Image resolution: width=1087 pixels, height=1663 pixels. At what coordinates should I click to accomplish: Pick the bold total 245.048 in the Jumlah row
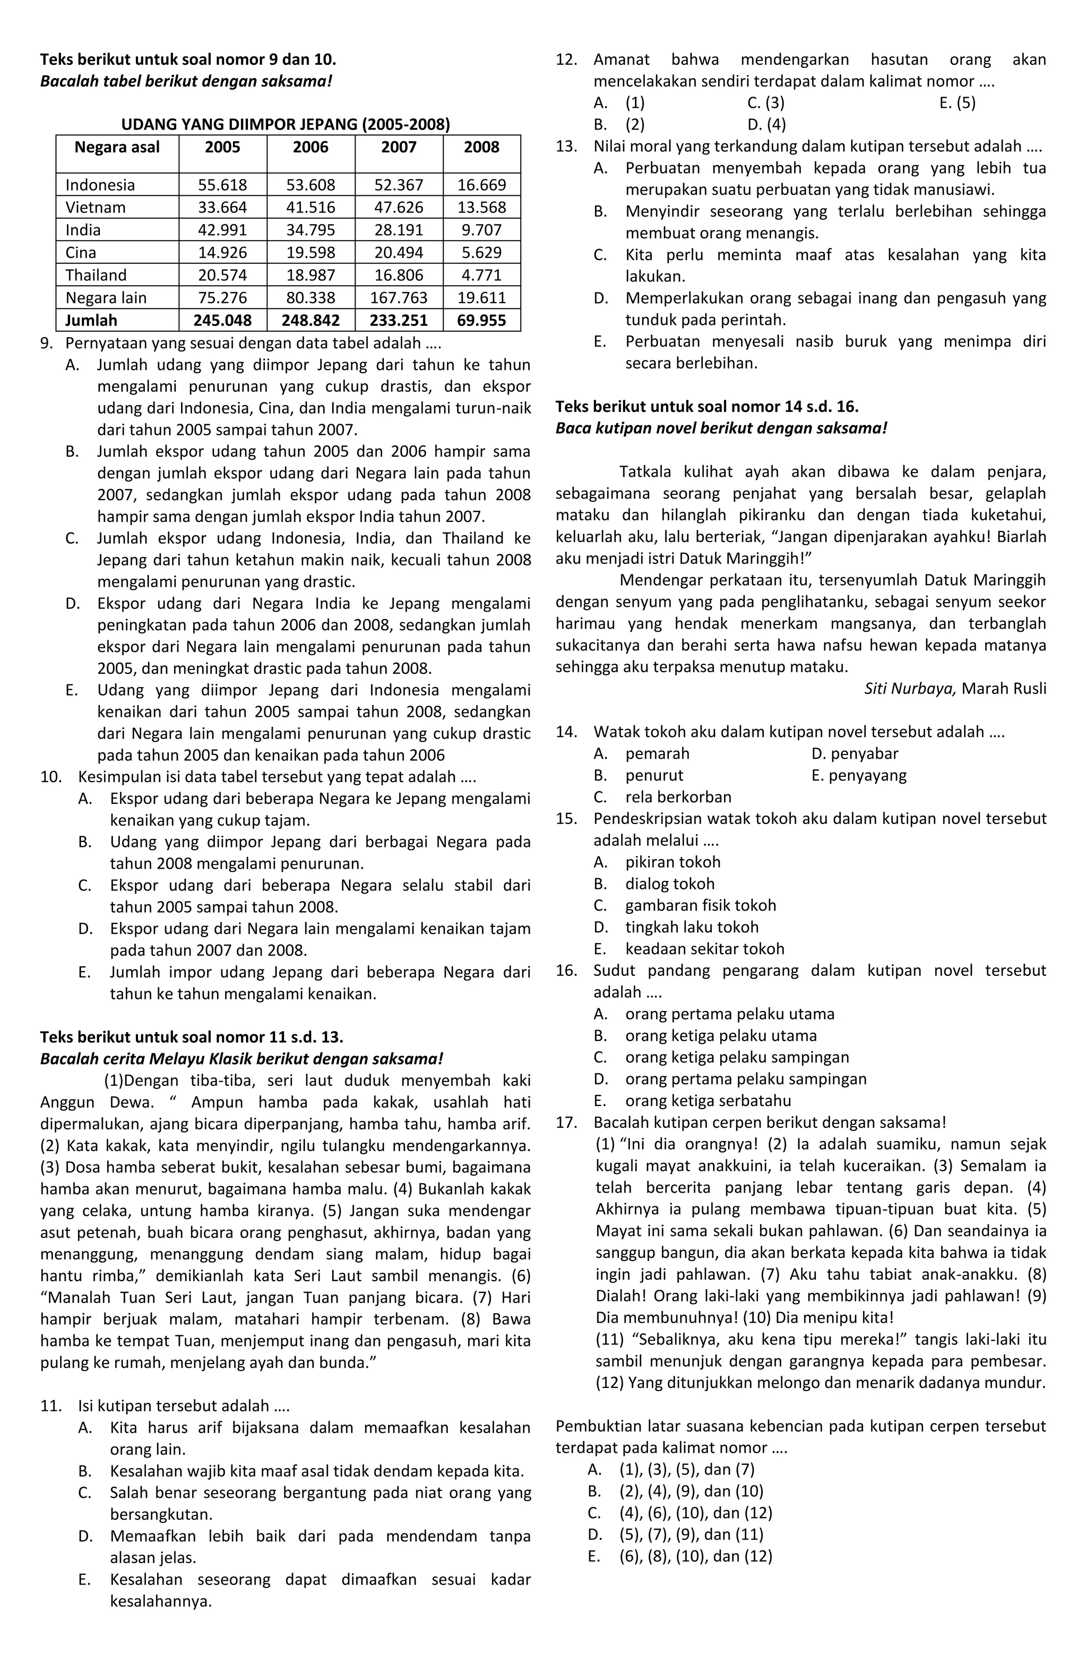[x=222, y=321]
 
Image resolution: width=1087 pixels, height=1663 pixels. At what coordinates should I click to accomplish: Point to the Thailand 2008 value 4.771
[x=481, y=275]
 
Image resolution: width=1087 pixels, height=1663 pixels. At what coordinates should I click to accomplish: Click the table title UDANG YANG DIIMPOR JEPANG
[x=286, y=125]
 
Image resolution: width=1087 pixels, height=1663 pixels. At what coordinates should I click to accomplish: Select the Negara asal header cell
[x=117, y=148]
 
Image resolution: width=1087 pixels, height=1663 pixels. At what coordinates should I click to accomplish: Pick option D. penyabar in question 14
[x=855, y=754]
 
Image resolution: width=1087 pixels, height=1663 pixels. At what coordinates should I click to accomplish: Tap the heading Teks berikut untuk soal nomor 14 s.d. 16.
[x=707, y=407]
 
